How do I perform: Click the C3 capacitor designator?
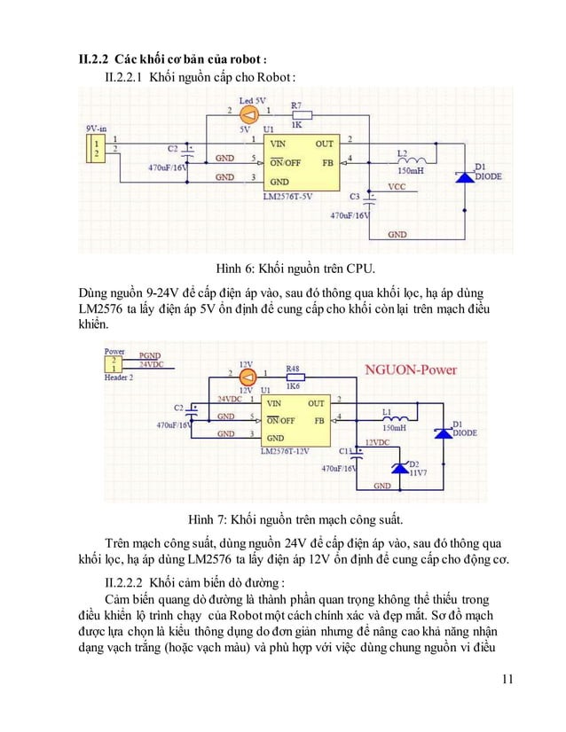[x=354, y=195]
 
